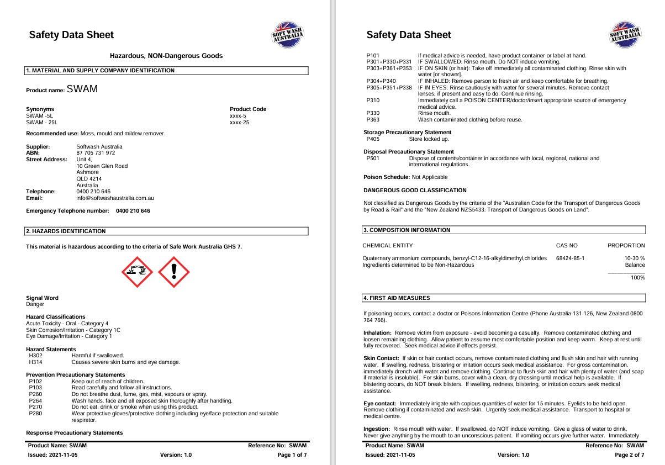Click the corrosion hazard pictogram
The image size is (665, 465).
[138, 272]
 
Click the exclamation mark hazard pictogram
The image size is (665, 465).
[174, 272]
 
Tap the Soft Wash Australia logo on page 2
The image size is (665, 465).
[625, 35]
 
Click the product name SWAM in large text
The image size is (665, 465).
[82, 89]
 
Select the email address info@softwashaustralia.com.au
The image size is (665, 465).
[115, 198]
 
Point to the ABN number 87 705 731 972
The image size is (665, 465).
[96, 153]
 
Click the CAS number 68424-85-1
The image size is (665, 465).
[570, 258]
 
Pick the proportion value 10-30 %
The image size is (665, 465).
[634, 258]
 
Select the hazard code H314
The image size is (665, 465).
[35, 362]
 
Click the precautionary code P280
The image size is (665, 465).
[35, 413]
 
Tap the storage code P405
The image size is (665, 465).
[373, 139]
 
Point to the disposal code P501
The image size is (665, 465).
[373, 158]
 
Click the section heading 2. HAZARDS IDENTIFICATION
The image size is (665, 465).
[66, 231]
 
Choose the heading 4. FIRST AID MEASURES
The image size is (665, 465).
[397, 298]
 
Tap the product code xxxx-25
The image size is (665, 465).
[239, 122]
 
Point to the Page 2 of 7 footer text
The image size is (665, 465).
[629, 455]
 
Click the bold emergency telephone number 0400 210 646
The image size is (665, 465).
[133, 211]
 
